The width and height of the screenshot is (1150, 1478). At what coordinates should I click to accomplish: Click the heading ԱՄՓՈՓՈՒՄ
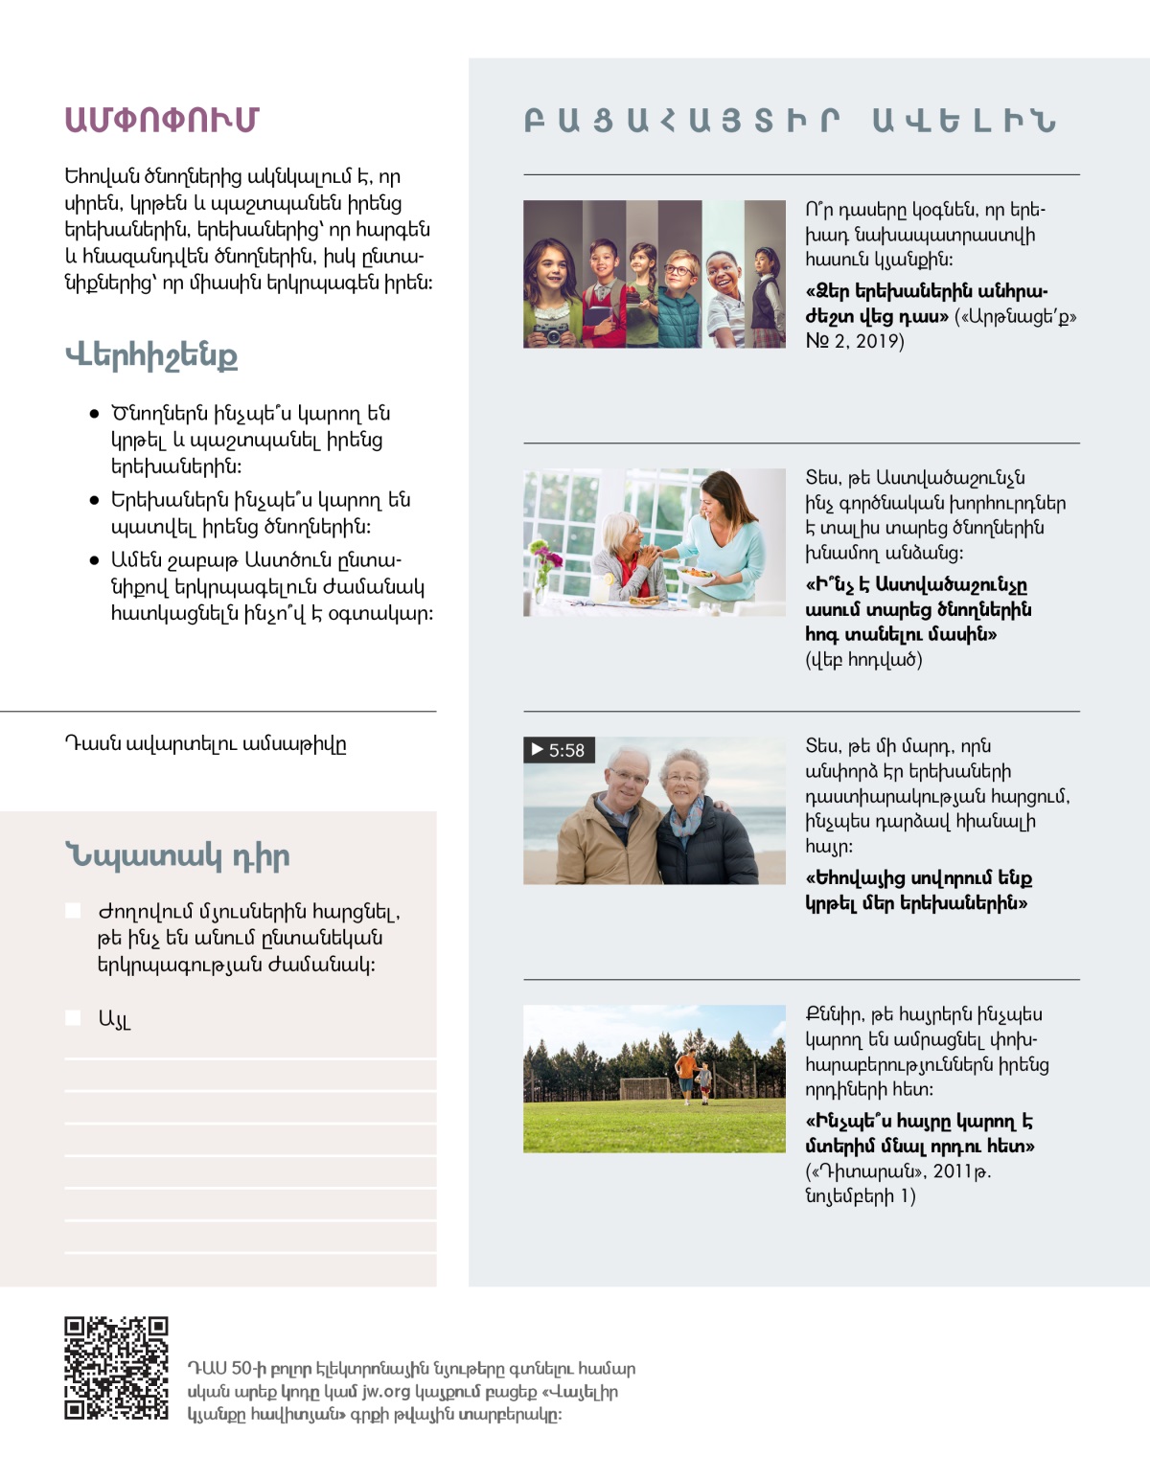[161, 120]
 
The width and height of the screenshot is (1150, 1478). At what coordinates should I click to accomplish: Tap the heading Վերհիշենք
[151, 355]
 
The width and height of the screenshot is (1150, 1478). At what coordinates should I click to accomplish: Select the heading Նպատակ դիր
[177, 855]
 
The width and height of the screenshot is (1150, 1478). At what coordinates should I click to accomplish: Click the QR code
[116, 1368]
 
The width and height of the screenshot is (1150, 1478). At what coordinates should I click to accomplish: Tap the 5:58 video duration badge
[559, 750]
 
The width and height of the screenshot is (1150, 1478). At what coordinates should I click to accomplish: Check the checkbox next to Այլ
[73, 1017]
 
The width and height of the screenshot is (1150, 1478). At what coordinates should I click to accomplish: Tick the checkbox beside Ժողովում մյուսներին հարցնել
[73, 910]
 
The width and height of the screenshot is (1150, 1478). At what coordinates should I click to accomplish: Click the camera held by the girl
[551, 330]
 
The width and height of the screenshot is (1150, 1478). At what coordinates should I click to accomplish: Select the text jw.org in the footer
[384, 1392]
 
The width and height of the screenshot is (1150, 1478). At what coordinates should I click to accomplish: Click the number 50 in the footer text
[241, 1369]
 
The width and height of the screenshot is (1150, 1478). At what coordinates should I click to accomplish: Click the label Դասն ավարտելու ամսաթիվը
[205, 744]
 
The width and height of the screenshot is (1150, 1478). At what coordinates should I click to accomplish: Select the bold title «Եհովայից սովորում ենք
[918, 878]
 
